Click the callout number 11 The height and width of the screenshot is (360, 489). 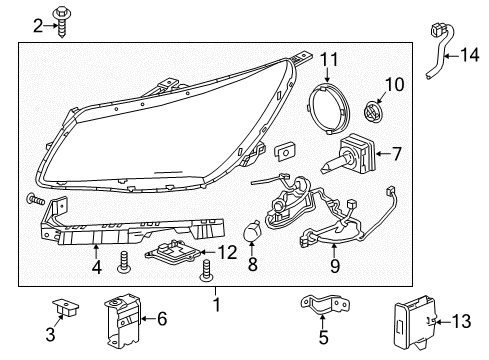[328, 59]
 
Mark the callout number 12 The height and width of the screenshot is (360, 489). [229, 252]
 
